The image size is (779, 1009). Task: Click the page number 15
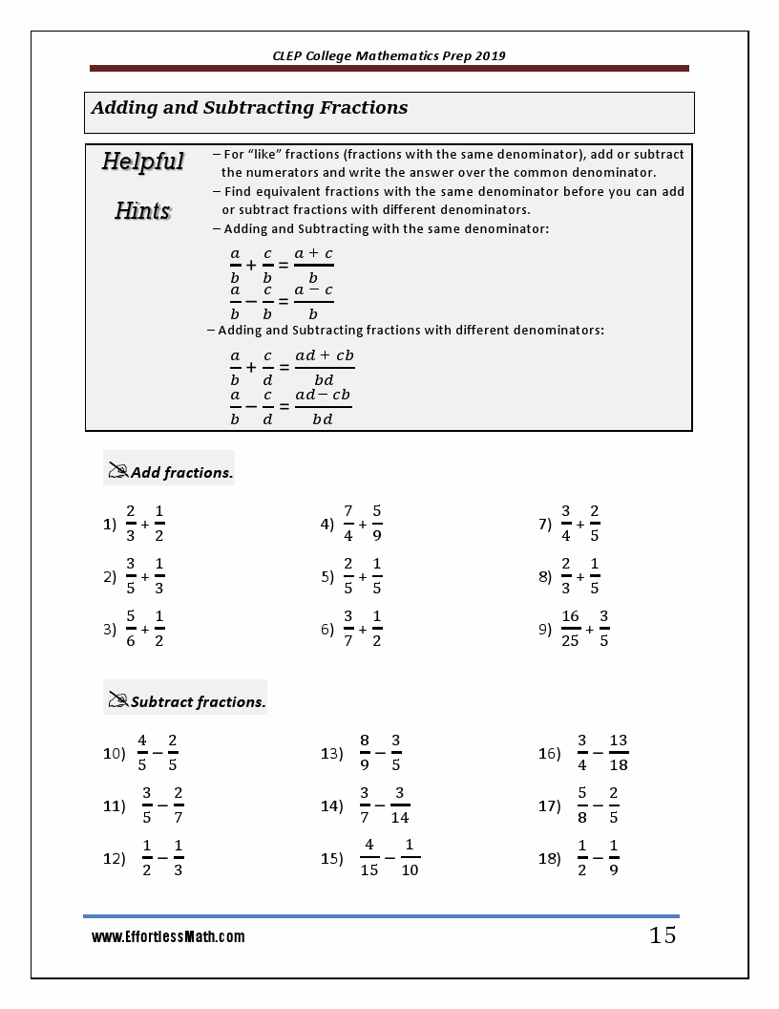tap(663, 935)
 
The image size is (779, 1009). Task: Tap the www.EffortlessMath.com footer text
tap(168, 937)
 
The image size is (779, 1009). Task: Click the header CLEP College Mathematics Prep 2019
tap(389, 55)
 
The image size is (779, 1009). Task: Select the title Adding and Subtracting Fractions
tap(249, 108)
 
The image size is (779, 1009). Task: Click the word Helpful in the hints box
tap(142, 161)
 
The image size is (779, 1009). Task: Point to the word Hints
tap(142, 211)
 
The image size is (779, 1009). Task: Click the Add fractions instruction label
tap(181, 472)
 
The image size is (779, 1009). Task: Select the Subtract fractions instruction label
tap(198, 702)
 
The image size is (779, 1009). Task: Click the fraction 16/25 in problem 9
tap(570, 629)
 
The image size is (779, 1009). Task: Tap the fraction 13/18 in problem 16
tap(618, 752)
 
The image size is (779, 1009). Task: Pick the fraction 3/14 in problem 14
tap(400, 805)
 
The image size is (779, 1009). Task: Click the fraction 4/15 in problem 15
tap(368, 857)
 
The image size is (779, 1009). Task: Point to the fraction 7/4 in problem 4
tap(348, 523)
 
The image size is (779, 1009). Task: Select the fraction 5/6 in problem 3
tap(131, 629)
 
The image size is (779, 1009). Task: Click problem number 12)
tap(114, 858)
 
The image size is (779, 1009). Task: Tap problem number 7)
tap(545, 524)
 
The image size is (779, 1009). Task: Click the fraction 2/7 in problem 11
tap(179, 805)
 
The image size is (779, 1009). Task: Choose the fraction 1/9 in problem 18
tap(613, 857)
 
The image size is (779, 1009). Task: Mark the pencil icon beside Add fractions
tap(118, 471)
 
